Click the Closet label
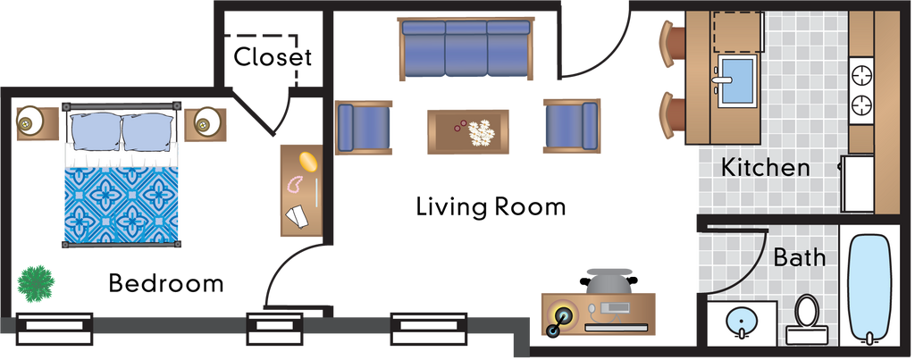click(273, 57)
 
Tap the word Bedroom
click(166, 283)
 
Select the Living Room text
click(491, 206)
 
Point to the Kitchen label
click(766, 167)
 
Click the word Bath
click(800, 256)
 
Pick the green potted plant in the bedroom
click(36, 281)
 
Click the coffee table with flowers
click(468, 132)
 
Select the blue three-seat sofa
click(466, 48)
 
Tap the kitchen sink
click(737, 80)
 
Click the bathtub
click(869, 290)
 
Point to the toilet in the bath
click(807, 320)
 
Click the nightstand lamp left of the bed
click(27, 123)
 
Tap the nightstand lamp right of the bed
click(205, 123)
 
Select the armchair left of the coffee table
click(364, 127)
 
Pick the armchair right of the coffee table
click(572, 126)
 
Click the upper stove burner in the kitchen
click(861, 75)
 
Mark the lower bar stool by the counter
click(672, 115)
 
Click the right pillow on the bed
click(147, 129)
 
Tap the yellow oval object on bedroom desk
click(308, 163)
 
